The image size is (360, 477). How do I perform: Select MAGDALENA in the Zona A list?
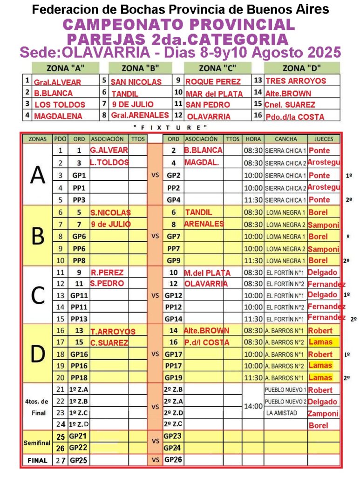(x=58, y=116)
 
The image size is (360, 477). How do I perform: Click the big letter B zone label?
(x=37, y=236)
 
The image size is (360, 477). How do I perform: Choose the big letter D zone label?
(x=37, y=354)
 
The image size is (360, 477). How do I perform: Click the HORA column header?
(x=252, y=139)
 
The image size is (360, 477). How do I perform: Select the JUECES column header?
(x=324, y=139)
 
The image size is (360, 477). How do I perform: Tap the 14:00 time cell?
(x=253, y=406)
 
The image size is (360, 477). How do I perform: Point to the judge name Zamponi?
(x=322, y=413)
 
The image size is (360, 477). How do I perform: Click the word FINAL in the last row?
(x=37, y=460)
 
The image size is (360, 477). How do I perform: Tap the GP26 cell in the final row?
(x=173, y=460)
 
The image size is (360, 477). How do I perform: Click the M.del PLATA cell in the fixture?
(x=207, y=273)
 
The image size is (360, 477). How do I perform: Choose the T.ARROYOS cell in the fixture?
(x=113, y=332)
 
